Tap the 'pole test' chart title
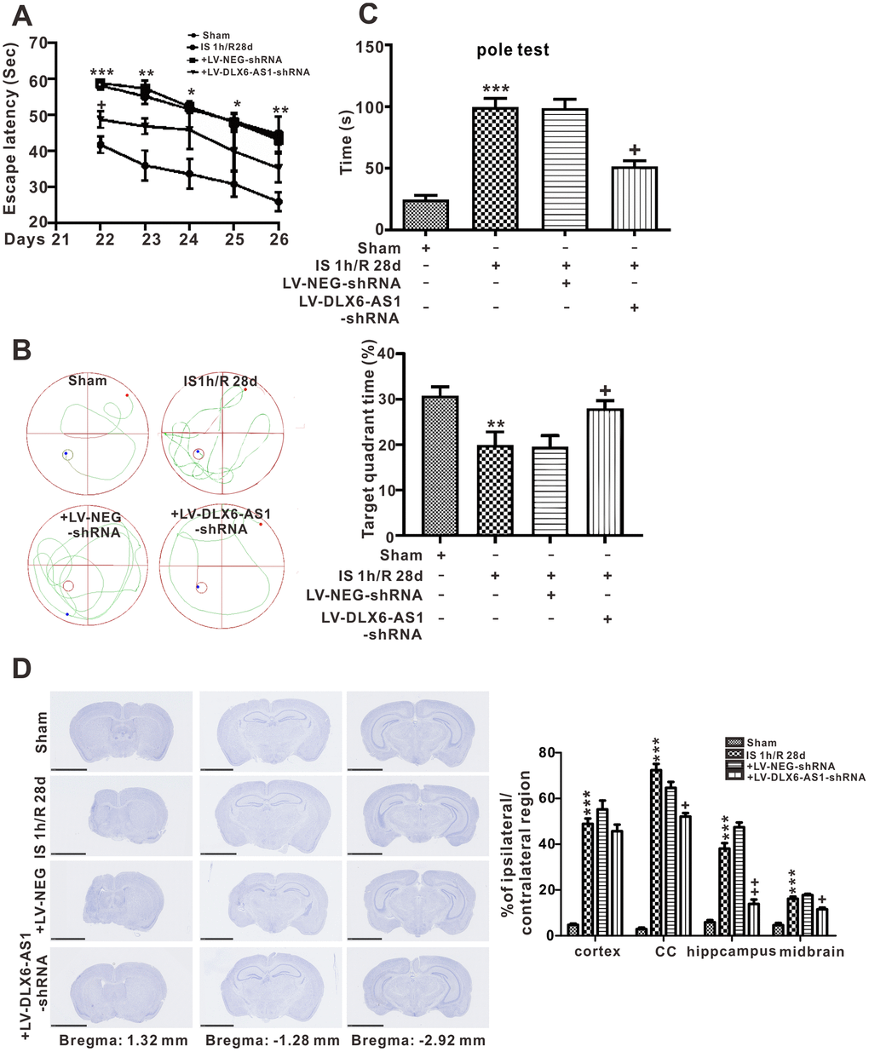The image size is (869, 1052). (x=513, y=49)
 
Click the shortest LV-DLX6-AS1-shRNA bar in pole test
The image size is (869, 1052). (x=635, y=198)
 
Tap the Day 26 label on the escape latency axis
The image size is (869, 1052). (x=279, y=240)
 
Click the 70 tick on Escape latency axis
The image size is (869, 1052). (x=39, y=43)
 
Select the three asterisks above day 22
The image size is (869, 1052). (x=101, y=72)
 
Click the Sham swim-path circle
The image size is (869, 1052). (x=88, y=433)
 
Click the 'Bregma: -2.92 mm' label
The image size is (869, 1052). (x=417, y=1040)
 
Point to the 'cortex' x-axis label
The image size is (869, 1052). (x=596, y=951)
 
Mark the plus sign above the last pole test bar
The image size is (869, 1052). (x=634, y=150)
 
